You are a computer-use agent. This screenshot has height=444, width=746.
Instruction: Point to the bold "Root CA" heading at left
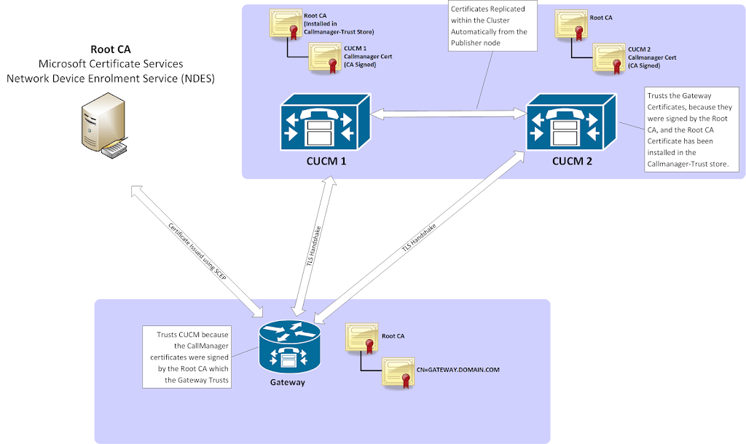pyautogui.click(x=111, y=49)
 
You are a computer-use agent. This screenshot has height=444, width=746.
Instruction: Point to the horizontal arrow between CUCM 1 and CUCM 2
pyautogui.click(x=448, y=114)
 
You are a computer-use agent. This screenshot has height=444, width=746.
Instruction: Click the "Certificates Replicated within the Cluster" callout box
pyautogui.click(x=492, y=26)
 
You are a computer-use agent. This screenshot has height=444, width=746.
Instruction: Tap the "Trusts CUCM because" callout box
pyautogui.click(x=186, y=357)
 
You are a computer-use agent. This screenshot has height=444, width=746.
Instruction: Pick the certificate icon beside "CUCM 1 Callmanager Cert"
pyautogui.click(x=326, y=58)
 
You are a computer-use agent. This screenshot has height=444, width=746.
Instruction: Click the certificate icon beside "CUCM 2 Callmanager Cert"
pyautogui.click(x=610, y=58)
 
